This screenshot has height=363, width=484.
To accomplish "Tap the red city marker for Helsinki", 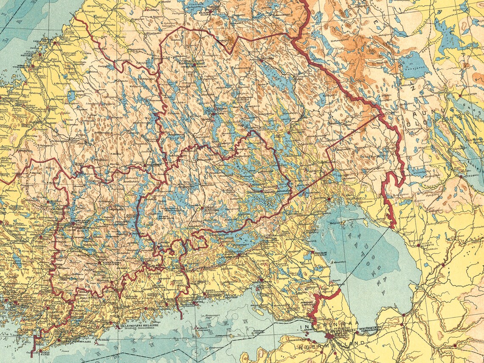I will pos(118,326).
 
